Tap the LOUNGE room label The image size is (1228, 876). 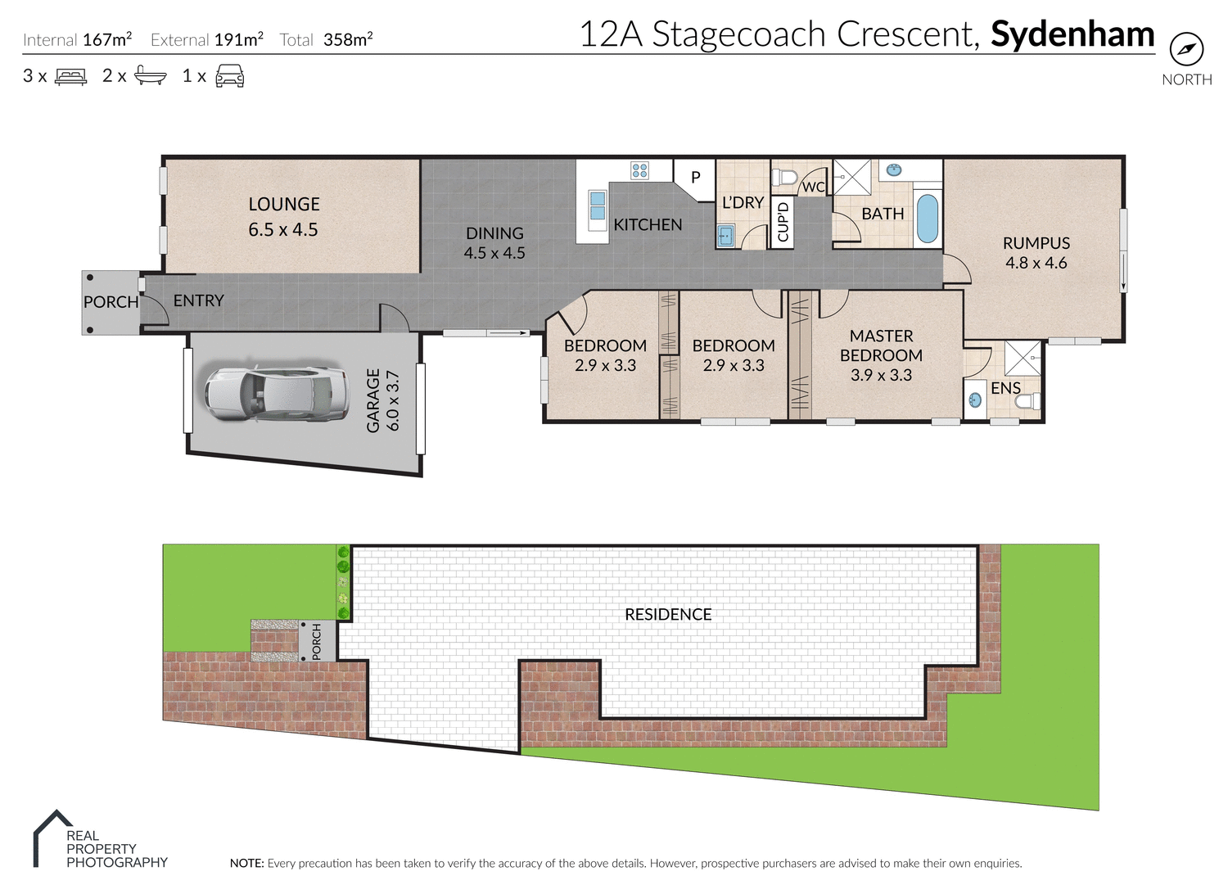point(284,205)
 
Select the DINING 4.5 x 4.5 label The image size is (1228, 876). point(494,243)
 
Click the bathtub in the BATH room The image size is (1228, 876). point(927,218)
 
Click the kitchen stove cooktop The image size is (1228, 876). point(639,170)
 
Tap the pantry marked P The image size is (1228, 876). point(695,177)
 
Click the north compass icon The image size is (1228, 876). point(1186,51)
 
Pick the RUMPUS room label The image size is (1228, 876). point(1036,243)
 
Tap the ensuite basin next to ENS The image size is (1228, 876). point(974,400)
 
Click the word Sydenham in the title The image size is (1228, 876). point(1072,34)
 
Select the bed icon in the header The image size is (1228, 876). point(70,77)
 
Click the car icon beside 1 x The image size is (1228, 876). point(229,77)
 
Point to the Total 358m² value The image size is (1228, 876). point(347,40)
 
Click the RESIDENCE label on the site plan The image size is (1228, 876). point(668,615)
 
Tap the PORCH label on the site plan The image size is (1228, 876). point(317,641)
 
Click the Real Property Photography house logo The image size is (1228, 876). point(52,837)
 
